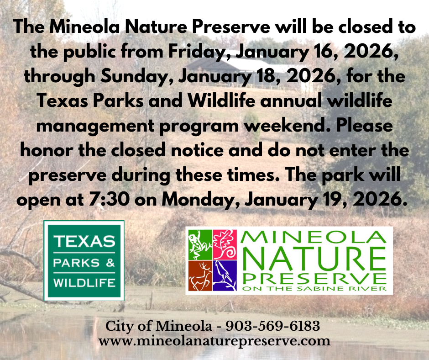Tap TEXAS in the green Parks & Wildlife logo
[x=84, y=241]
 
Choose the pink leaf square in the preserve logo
[x=225, y=243]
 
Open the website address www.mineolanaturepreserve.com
[x=214, y=341]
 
